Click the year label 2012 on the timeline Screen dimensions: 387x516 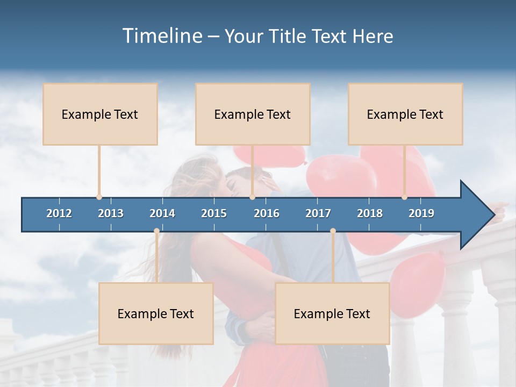(59, 213)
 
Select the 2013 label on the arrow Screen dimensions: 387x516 (111, 213)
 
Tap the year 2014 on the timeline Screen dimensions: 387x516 (162, 213)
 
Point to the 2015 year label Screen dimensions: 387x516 (214, 213)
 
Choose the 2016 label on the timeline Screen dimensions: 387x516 (267, 213)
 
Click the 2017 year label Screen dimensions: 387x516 (318, 213)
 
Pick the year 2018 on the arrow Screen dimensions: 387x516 (370, 213)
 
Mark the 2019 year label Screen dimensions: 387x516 (421, 213)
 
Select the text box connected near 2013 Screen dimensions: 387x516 (100, 114)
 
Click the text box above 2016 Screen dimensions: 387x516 (253, 114)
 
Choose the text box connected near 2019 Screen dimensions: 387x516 (405, 114)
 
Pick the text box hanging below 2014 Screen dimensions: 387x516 (156, 313)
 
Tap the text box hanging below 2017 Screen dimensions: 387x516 (332, 313)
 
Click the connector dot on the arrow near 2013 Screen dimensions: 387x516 (99, 197)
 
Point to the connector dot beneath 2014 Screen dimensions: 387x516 (156, 231)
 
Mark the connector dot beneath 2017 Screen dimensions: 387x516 (333, 231)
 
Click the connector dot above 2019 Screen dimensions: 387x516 (404, 197)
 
